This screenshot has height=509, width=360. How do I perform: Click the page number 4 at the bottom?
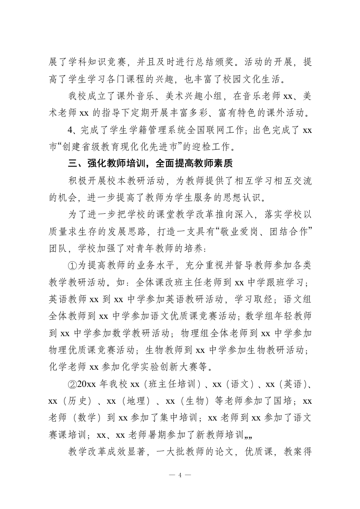coord(180,475)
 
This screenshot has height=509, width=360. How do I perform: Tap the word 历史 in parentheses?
coord(75,401)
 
